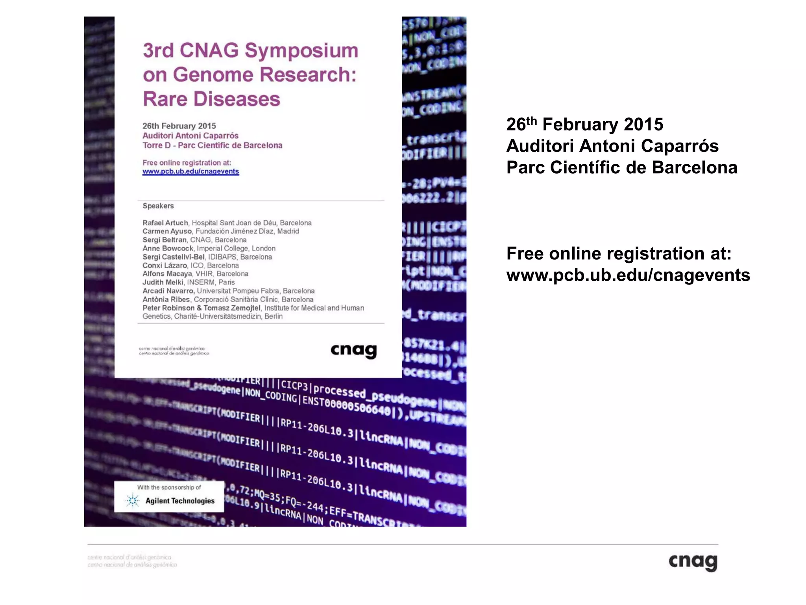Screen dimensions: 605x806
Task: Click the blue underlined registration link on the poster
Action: (190, 171)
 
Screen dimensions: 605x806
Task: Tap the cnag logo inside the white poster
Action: (353, 350)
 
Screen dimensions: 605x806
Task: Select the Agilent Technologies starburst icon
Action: (132, 501)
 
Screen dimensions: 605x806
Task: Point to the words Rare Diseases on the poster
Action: (211, 99)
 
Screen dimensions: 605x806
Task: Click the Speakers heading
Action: (158, 206)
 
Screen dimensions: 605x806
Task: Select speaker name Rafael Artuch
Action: (165, 223)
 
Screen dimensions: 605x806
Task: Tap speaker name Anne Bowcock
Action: (168, 248)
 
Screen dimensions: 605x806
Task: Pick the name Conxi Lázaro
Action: (165, 265)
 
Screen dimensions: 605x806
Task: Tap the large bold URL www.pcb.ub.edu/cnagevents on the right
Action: (628, 275)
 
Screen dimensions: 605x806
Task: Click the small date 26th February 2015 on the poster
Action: (179, 126)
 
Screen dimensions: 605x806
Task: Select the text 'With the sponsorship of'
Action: (169, 487)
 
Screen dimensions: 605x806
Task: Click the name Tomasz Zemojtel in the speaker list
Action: (232, 308)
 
